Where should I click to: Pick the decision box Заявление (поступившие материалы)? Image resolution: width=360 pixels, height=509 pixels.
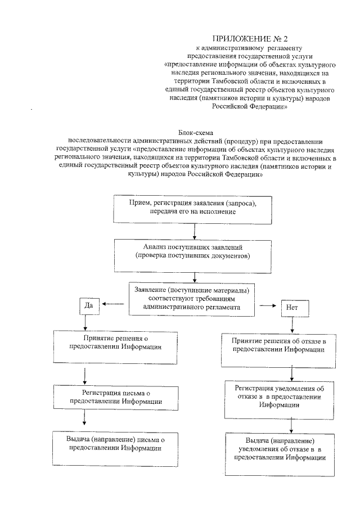click(192, 298)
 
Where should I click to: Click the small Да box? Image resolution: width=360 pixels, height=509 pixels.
click(88, 305)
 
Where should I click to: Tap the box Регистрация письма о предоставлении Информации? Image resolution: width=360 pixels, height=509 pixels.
click(116, 398)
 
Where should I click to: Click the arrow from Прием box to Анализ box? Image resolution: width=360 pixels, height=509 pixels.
click(194, 231)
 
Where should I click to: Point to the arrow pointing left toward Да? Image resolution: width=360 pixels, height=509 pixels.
click(113, 304)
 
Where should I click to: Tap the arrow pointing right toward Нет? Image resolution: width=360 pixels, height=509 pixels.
click(266, 308)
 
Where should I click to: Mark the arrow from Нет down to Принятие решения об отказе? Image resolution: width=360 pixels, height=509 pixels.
click(292, 326)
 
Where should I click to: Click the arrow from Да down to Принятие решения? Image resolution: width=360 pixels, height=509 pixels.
click(85, 322)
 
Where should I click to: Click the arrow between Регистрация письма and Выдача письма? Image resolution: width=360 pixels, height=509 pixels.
click(84, 417)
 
